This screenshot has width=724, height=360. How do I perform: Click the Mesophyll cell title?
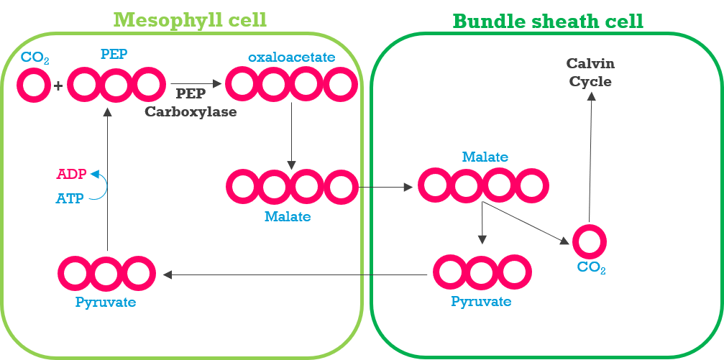(190, 19)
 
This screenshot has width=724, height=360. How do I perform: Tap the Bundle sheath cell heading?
(547, 21)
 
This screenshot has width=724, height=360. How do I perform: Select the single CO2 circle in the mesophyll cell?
(33, 86)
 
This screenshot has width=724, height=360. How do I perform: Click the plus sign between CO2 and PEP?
(58, 86)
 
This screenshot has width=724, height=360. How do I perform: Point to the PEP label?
(114, 54)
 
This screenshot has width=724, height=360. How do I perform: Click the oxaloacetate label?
(291, 57)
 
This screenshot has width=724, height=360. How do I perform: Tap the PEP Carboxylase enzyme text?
(191, 102)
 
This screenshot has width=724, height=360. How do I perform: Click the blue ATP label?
(70, 198)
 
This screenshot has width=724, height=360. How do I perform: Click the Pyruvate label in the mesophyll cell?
(106, 302)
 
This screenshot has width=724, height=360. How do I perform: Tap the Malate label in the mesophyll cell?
(287, 216)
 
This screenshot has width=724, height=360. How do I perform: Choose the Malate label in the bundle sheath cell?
(485, 157)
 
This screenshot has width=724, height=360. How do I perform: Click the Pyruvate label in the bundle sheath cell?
(481, 301)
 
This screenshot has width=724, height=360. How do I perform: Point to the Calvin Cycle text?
(590, 73)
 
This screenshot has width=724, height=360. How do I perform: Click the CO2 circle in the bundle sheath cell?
(589, 241)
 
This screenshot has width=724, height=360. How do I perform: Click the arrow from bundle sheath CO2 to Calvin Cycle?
(590, 158)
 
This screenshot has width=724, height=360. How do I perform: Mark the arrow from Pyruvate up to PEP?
(106, 180)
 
